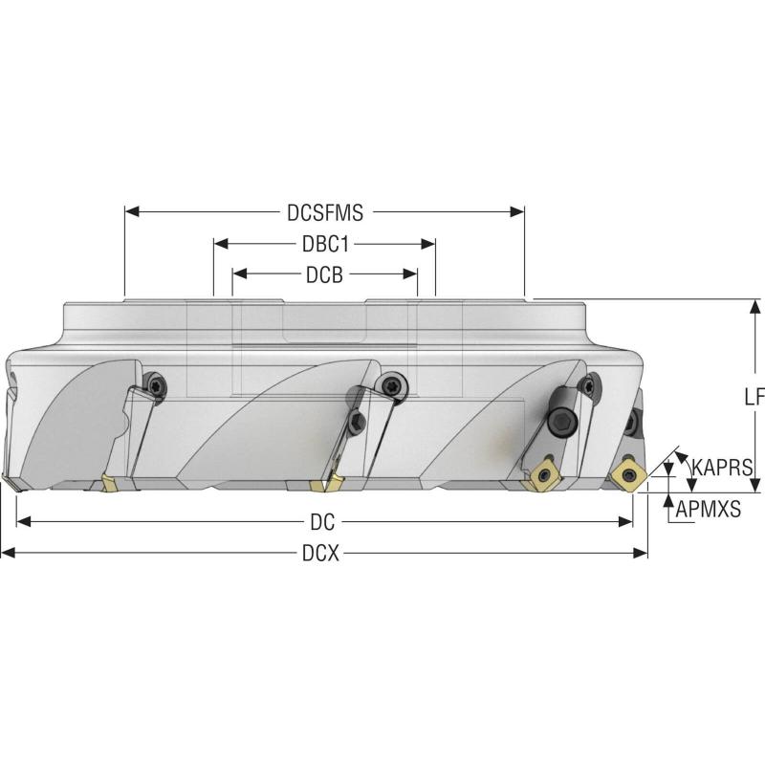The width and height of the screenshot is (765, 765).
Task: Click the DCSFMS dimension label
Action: coord(324,211)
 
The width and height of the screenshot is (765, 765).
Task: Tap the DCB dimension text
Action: coord(324,274)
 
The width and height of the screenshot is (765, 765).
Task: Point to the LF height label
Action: coord(754,397)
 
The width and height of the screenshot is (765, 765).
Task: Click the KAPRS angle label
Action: coord(722,468)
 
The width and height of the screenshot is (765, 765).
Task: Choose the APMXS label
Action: coord(709,510)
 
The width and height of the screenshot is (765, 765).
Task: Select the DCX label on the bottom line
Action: coord(321,554)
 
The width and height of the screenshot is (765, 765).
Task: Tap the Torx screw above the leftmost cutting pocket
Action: coord(157,383)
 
